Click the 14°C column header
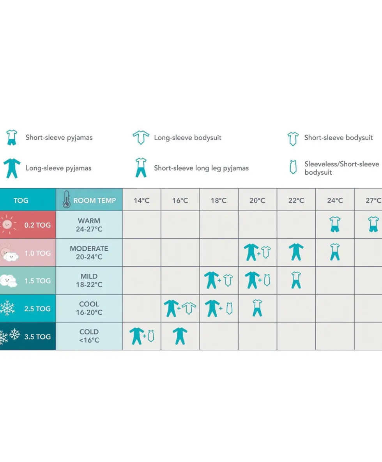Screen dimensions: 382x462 (141, 200)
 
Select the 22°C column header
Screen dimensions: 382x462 (296, 200)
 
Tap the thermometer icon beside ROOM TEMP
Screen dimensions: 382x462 (67, 200)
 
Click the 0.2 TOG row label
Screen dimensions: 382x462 (37, 225)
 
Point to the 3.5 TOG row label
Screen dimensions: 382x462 (37, 336)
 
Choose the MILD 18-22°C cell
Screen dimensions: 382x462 (89, 280)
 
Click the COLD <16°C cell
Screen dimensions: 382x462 (89, 336)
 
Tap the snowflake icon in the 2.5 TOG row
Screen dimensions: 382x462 (7, 308)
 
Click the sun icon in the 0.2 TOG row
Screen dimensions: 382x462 (7, 225)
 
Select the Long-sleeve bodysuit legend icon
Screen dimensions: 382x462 (141, 137)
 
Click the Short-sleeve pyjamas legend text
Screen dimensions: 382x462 (59, 138)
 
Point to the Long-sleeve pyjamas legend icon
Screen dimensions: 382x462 (12, 168)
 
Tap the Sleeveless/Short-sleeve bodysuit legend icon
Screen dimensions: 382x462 (293, 167)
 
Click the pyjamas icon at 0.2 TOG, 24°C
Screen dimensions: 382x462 (335, 224)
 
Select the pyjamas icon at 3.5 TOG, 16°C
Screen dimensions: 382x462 (180, 336)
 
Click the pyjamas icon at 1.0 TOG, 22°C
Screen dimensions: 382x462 (296, 252)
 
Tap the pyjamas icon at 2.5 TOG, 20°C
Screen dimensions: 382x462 (257, 308)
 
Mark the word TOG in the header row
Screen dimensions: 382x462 (21, 200)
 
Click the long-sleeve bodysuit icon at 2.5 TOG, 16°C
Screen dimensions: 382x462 (189, 308)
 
